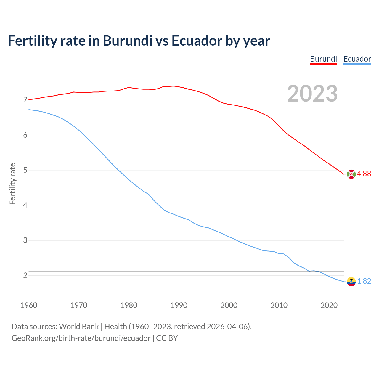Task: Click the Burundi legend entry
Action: tap(323, 59)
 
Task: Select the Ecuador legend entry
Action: tap(357, 59)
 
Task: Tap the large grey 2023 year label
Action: tap(312, 94)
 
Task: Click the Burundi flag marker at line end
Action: tap(351, 174)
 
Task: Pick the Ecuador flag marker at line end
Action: tap(351, 282)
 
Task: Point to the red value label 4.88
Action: tap(364, 174)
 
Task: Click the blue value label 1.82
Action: tap(364, 281)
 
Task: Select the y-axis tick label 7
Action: tap(25, 100)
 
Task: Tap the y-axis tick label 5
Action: tap(25, 170)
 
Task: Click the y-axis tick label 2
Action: tap(25, 276)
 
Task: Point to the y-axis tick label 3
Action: tap(25, 240)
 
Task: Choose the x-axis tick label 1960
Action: tap(29, 305)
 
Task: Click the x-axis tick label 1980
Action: tap(129, 305)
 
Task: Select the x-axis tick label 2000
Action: tap(229, 305)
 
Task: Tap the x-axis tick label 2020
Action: tap(329, 305)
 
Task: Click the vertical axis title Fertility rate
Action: tap(12, 184)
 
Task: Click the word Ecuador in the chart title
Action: tap(197, 41)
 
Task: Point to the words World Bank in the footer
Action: tap(79, 327)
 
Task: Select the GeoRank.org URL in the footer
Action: tap(81, 338)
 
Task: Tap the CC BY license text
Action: tap(167, 338)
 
